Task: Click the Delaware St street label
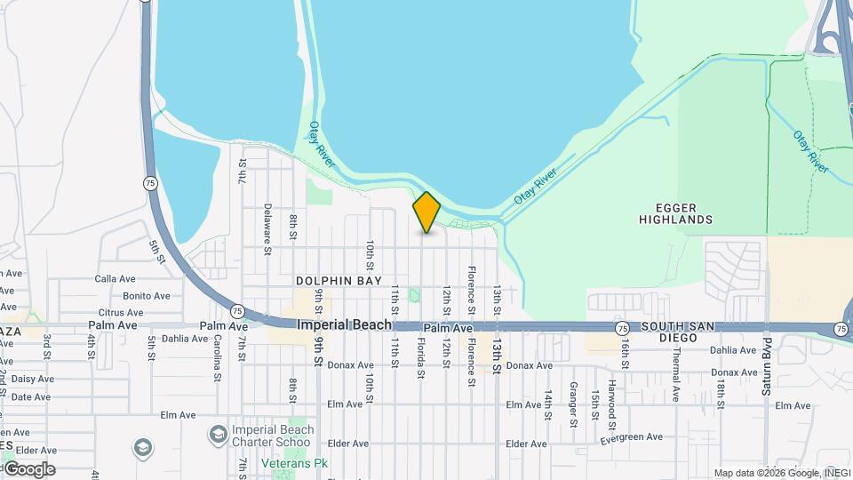pos(267,228)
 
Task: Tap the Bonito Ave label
pos(146,296)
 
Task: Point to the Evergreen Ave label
pos(631,437)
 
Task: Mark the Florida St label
pos(420,356)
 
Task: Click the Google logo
pos(28,469)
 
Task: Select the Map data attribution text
pos(781,473)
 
